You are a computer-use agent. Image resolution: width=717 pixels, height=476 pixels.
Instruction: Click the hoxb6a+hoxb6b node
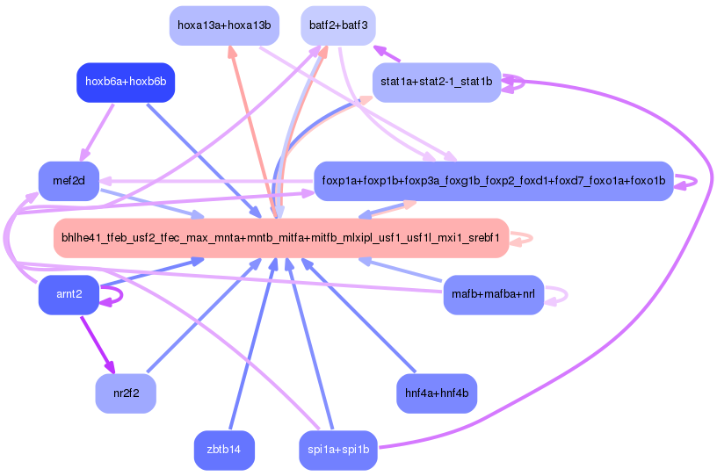126,83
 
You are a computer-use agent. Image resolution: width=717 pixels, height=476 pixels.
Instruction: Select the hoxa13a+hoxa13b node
224,25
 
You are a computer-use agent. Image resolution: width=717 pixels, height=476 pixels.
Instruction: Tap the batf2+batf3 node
338,25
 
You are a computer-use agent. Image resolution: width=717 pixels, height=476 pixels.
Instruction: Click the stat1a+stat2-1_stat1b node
437,83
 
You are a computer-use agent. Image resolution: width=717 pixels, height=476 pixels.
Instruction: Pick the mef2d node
69,181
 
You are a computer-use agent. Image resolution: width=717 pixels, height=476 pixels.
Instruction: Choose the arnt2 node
69,294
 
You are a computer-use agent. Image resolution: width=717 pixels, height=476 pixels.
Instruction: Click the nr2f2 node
126,393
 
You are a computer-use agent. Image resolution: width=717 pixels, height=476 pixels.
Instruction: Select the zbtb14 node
224,450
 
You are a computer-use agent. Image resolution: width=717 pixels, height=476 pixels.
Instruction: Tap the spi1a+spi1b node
338,450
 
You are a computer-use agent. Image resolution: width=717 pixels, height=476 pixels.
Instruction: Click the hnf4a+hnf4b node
437,393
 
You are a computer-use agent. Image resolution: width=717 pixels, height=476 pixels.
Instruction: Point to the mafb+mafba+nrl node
494,294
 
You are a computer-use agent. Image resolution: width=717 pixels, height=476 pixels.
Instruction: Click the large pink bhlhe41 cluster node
281,238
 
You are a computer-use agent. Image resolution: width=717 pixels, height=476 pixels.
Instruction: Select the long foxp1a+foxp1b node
494,181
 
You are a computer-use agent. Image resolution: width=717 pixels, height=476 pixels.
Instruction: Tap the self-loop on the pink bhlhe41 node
522,238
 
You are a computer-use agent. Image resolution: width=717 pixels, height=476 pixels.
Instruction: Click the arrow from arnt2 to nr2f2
98,345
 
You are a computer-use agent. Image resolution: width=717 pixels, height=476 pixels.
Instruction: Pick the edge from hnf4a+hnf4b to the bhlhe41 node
358,315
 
